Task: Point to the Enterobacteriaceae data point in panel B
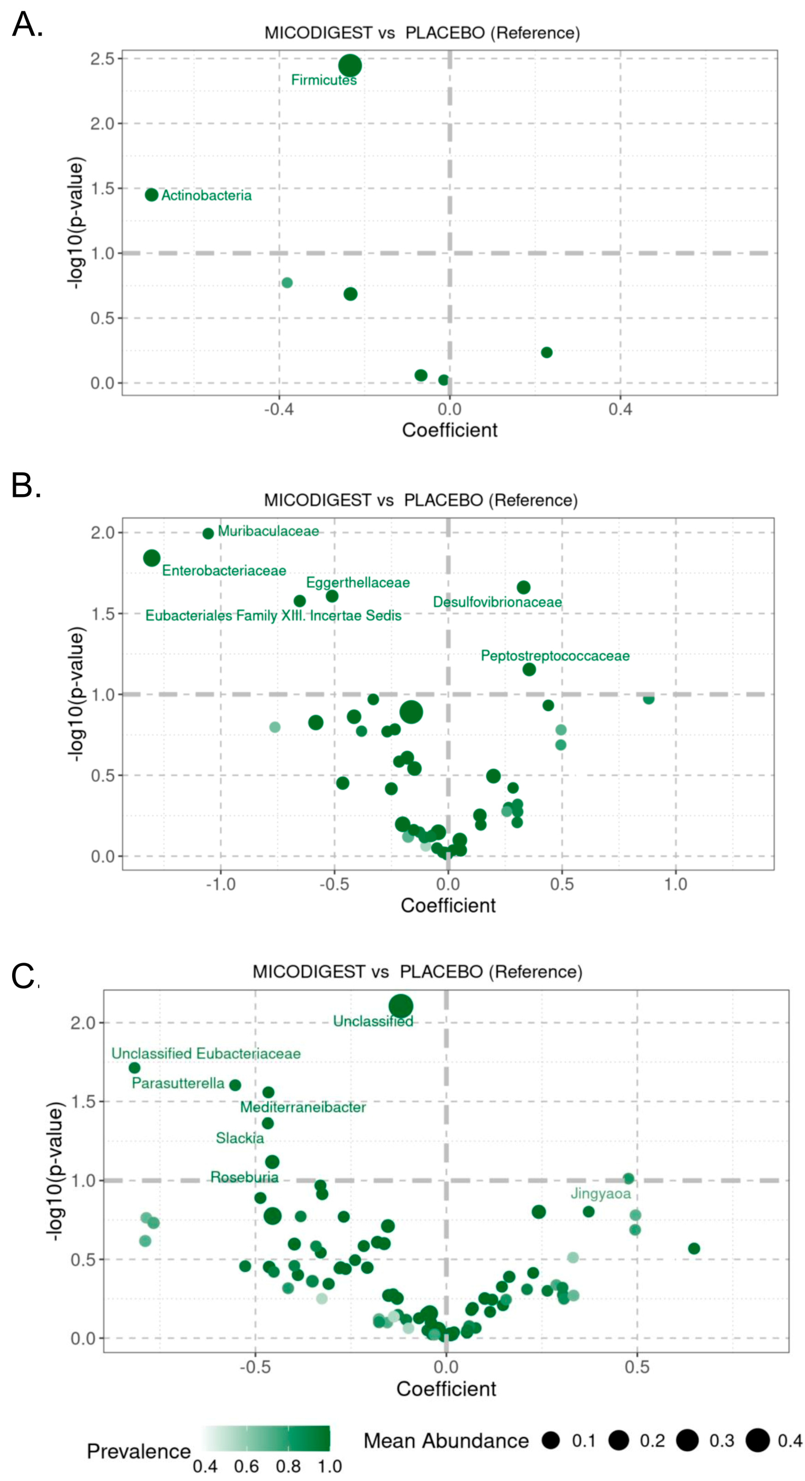tap(151, 558)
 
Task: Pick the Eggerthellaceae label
tap(358, 582)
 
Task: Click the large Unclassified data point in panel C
tap(401, 1006)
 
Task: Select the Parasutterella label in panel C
tap(178, 1083)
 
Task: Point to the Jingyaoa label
tap(600, 1194)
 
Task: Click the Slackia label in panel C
tap(240, 1138)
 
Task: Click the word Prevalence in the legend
tap(139, 1451)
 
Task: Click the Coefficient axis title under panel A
tap(449, 430)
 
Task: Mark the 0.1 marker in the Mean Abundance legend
tap(551, 1440)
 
